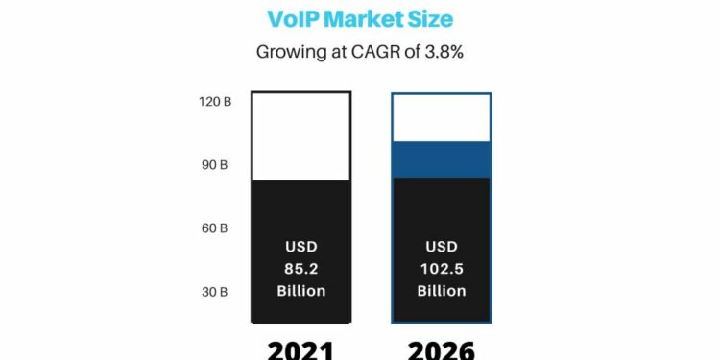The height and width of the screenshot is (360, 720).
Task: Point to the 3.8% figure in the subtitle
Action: pos(443,52)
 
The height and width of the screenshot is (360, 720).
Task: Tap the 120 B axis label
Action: pos(213,101)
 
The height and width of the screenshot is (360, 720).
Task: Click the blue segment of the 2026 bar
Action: pos(442,158)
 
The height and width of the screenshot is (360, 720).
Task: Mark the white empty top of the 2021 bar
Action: pos(301,135)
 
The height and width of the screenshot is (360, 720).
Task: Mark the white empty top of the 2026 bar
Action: pos(442,117)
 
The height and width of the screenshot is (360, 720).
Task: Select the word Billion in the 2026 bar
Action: pos(442,291)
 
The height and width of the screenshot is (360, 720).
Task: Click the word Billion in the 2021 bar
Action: pos(301,291)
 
